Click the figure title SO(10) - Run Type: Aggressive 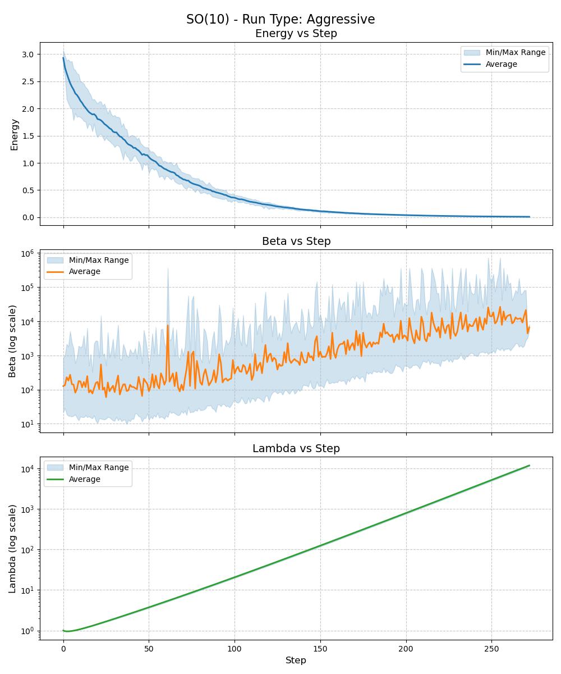(280, 19)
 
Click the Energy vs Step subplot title (296, 34)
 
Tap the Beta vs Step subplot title (296, 241)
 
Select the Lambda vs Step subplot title (296, 448)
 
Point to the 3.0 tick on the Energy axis (27, 54)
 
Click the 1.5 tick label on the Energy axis (27, 136)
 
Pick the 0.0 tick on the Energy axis (27, 217)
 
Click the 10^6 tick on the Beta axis (27, 253)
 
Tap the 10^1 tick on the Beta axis (27, 424)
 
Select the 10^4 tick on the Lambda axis (27, 469)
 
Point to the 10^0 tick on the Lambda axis (27, 631)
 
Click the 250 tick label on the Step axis (491, 648)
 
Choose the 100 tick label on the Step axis (234, 648)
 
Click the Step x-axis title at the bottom (296, 661)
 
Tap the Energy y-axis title (15, 134)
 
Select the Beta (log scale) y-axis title (12, 341)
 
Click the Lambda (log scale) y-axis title (12, 548)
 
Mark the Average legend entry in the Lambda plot (84, 479)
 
